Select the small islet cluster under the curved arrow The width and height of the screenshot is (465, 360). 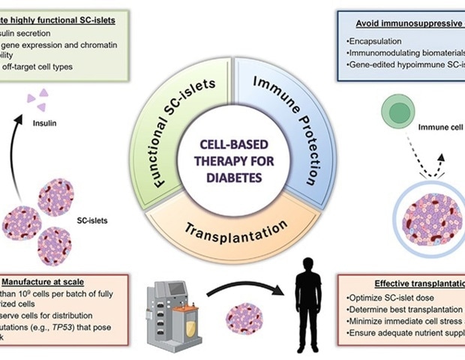tap(244, 316)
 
